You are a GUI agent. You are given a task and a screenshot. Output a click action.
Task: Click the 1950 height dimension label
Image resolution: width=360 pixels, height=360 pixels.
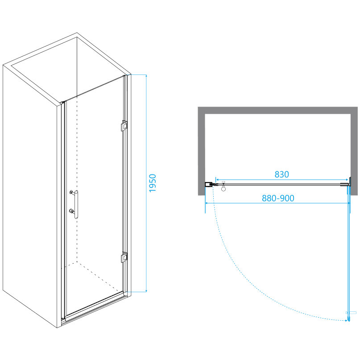point(153,183)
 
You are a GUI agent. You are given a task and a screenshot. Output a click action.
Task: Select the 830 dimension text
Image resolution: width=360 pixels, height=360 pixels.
point(281,174)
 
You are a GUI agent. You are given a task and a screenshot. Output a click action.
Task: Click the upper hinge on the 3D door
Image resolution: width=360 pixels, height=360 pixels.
point(123,126)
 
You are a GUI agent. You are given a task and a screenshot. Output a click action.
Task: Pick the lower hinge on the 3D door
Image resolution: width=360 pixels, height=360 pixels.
point(124,257)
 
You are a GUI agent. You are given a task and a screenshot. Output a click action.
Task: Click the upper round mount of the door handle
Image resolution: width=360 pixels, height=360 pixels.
point(71,193)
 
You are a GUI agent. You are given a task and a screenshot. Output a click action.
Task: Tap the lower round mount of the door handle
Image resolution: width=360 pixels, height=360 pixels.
point(71,211)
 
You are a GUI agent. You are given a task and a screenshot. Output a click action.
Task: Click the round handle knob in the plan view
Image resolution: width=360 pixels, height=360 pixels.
point(224,188)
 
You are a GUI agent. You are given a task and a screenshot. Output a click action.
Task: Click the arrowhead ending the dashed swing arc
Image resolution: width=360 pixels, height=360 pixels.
point(345,320)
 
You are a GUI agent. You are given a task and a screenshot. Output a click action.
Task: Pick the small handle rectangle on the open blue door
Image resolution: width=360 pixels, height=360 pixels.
point(351,312)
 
